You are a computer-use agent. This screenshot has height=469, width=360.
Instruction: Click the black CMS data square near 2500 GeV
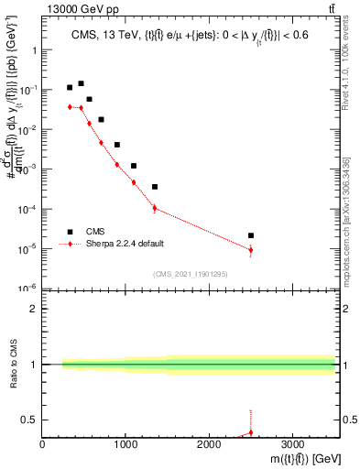(x=251, y=235)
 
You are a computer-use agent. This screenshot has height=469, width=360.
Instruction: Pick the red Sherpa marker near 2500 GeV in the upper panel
(x=251, y=250)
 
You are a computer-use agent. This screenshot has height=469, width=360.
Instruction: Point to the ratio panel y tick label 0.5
(x=29, y=420)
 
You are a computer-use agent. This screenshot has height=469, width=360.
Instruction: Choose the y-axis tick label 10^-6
(x=27, y=289)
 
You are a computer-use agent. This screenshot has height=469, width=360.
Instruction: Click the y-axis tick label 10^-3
(x=27, y=169)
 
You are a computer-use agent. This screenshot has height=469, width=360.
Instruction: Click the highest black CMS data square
(x=81, y=83)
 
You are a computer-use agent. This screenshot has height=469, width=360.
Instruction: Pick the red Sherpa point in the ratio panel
(x=251, y=432)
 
